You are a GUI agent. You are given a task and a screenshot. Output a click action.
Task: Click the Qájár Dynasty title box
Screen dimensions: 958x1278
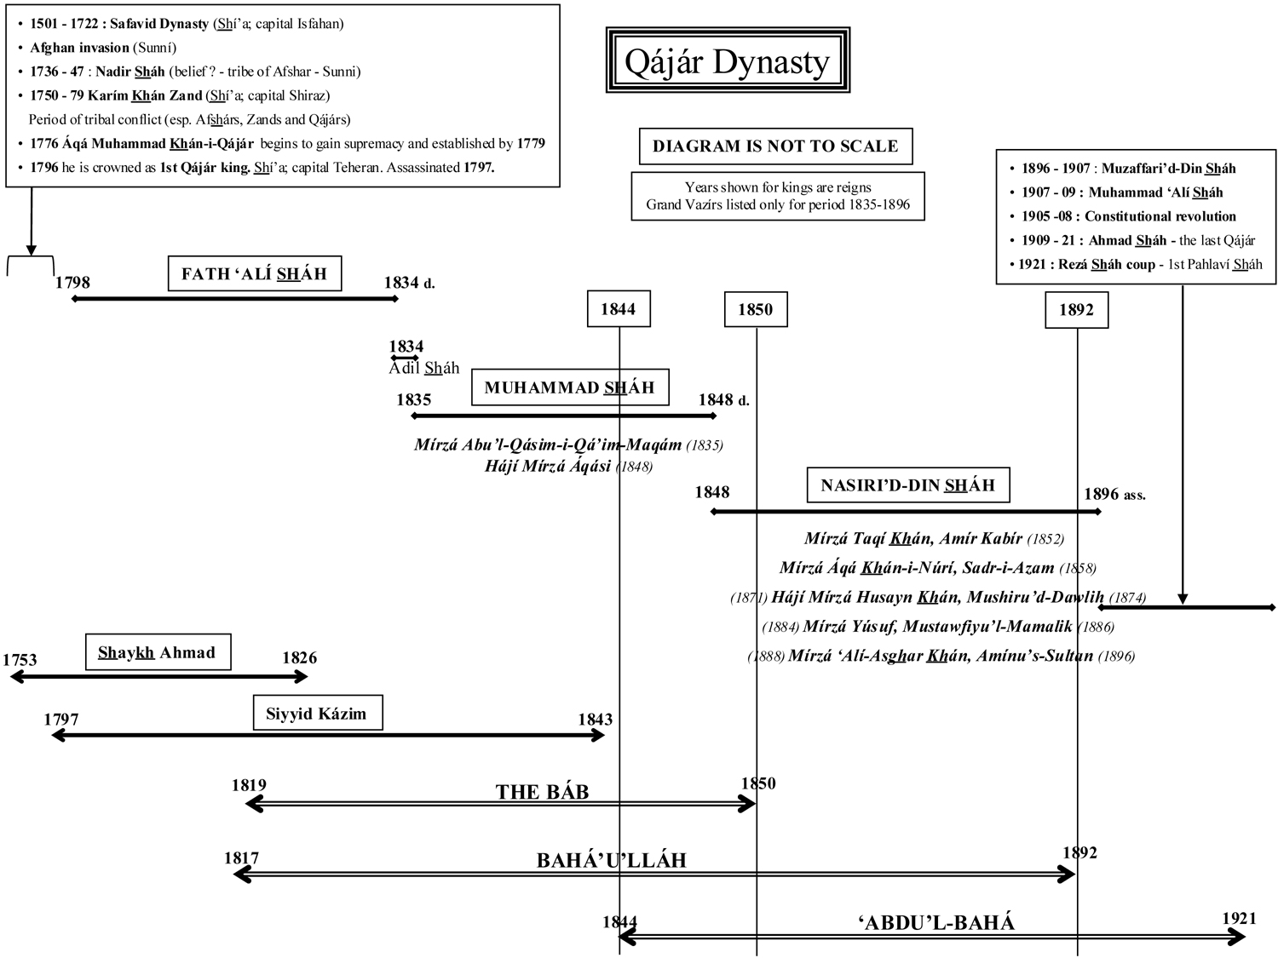(x=728, y=60)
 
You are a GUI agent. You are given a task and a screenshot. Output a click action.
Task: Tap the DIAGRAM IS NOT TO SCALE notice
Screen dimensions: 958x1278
(x=775, y=146)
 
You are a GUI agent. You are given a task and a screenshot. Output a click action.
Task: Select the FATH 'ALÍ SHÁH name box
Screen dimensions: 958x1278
(x=254, y=274)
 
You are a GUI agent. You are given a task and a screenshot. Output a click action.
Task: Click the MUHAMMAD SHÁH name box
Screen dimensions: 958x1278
(x=569, y=388)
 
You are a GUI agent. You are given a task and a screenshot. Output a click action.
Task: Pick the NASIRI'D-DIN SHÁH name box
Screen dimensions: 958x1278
(x=907, y=485)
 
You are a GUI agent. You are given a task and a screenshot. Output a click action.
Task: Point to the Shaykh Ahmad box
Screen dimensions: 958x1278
(x=158, y=653)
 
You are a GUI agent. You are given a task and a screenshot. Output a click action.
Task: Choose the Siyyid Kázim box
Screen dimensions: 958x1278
(x=317, y=714)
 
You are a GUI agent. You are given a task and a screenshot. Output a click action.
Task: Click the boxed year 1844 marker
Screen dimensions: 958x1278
(x=618, y=309)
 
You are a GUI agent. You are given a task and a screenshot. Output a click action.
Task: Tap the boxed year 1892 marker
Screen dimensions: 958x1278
(x=1076, y=310)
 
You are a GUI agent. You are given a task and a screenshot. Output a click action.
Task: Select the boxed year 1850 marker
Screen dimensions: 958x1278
(x=755, y=310)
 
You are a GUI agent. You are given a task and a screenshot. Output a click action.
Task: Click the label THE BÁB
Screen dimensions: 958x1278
(x=542, y=792)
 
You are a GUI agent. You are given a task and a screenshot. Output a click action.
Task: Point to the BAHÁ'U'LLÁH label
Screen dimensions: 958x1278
(x=611, y=860)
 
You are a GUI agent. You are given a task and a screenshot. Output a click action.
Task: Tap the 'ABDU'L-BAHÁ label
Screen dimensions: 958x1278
(x=935, y=922)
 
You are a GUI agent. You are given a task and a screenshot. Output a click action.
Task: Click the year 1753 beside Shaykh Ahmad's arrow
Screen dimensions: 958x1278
(x=20, y=660)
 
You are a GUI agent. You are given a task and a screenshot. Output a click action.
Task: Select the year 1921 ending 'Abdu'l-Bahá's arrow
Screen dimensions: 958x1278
(x=1239, y=918)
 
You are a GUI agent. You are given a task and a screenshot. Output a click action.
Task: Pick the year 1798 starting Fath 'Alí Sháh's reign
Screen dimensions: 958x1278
(x=72, y=283)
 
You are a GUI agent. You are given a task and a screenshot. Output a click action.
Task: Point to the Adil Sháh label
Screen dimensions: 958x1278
(x=424, y=368)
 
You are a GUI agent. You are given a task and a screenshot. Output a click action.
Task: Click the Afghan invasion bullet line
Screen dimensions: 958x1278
(x=103, y=48)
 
